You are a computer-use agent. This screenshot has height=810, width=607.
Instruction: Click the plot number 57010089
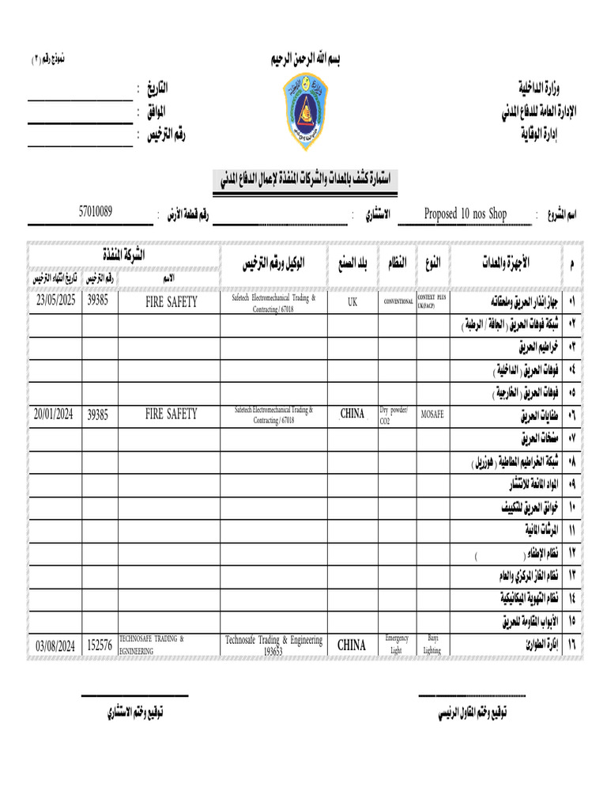point(95,211)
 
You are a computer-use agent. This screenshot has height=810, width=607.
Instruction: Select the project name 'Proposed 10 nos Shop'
point(465,214)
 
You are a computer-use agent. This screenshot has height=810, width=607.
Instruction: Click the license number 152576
point(99,645)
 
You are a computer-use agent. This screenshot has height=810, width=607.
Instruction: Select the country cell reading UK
point(352,301)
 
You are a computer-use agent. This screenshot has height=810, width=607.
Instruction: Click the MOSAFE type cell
point(432,414)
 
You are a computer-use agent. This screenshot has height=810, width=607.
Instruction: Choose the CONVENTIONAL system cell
point(398,302)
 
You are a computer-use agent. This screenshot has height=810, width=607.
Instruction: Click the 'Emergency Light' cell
point(396,644)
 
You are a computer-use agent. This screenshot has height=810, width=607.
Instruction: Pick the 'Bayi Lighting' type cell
point(432,644)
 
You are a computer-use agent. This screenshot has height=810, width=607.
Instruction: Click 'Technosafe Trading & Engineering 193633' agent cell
point(273,645)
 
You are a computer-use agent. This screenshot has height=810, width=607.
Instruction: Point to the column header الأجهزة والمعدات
point(503,262)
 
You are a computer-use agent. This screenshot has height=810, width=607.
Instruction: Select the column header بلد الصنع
point(352,263)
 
